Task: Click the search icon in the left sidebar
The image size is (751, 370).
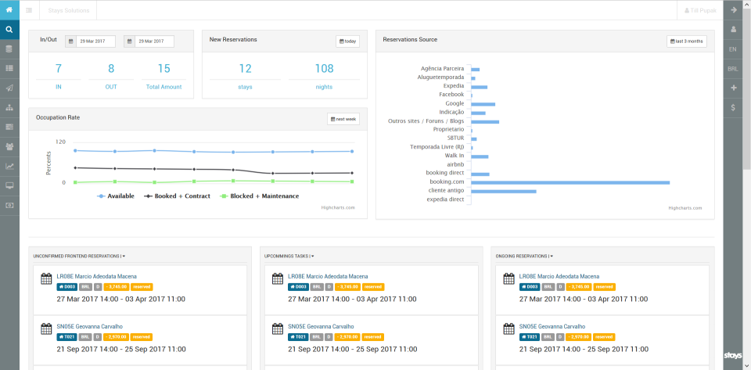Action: pos(9,30)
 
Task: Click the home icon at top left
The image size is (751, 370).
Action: pos(9,10)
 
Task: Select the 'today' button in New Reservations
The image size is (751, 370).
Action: pos(347,41)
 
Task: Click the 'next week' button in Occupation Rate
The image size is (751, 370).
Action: pos(343,119)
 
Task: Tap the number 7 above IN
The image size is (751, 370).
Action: pos(58,69)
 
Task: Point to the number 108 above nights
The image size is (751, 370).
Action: pos(324,69)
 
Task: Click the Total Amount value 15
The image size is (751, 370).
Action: pos(163,69)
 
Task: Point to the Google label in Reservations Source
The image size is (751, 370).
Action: pos(455,103)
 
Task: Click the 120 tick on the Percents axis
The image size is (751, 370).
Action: pos(61,142)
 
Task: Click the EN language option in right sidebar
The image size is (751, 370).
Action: pos(732,49)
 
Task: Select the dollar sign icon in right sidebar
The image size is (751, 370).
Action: pos(732,107)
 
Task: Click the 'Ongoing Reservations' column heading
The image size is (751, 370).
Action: pos(523,256)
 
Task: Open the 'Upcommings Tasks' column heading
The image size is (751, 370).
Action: pos(287,256)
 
